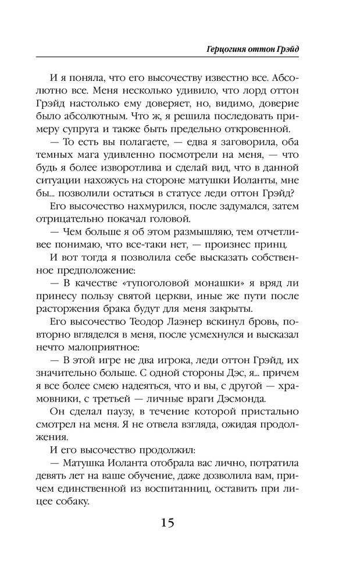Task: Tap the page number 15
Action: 167,521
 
